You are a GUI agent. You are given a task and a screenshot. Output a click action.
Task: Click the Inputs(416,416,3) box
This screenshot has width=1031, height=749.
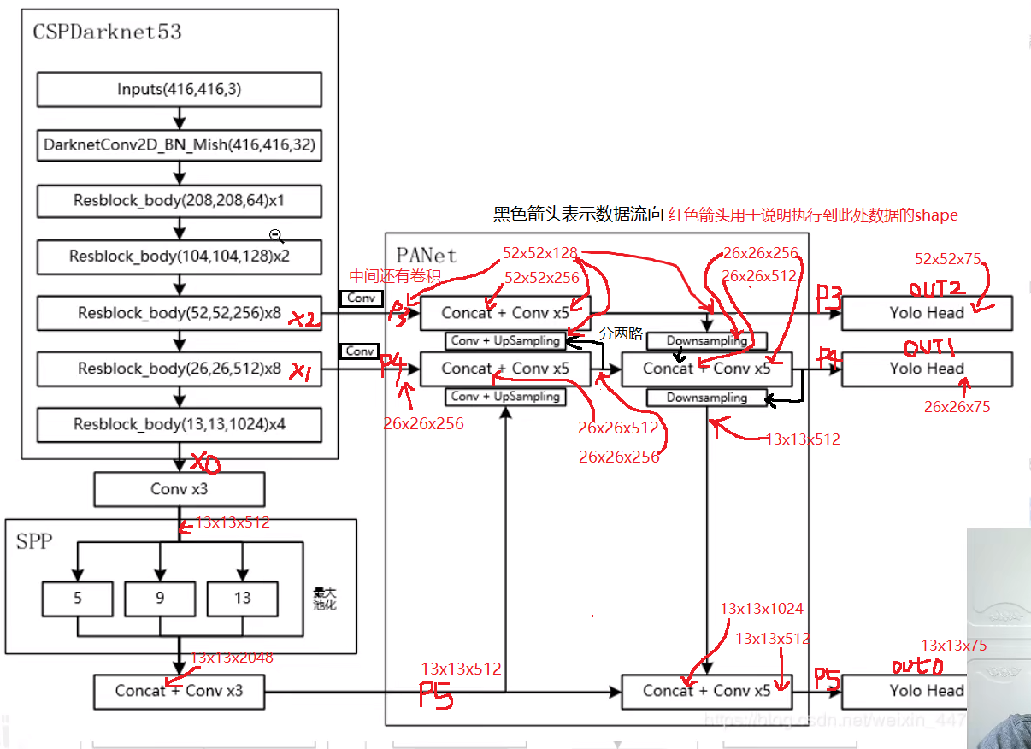click(180, 90)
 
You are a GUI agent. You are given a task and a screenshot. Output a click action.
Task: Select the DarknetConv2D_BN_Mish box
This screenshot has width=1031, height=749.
click(180, 145)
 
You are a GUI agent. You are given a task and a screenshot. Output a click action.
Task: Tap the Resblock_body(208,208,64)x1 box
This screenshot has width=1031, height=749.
click(180, 202)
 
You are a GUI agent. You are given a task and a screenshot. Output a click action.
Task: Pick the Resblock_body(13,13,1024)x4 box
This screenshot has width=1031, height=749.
click(180, 425)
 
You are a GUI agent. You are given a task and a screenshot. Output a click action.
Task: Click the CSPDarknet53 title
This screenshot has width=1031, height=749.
click(107, 32)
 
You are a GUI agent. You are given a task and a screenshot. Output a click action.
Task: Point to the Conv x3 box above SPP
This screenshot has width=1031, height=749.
click(180, 490)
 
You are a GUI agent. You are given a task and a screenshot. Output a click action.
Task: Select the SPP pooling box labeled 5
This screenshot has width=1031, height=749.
click(78, 599)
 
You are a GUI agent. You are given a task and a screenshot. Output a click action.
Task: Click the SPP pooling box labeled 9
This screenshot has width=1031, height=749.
click(160, 599)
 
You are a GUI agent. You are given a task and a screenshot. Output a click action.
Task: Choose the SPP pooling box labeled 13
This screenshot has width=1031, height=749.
click(242, 599)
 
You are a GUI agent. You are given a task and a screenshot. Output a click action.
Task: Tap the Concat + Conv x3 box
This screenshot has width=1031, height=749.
click(180, 691)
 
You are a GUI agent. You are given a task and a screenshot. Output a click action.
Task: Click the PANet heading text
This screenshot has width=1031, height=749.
click(427, 255)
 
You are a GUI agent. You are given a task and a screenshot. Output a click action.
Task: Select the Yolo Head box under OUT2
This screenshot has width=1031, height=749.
click(927, 313)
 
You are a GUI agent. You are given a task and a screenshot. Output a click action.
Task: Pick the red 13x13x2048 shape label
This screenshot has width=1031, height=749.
click(232, 658)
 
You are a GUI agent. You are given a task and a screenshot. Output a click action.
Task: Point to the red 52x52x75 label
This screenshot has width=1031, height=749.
click(948, 259)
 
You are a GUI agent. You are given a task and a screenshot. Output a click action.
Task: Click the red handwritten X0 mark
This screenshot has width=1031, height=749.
click(205, 463)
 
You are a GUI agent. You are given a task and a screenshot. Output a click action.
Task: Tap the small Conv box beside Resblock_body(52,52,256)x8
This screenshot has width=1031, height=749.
click(360, 298)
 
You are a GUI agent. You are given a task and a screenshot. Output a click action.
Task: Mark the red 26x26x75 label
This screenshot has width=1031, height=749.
click(957, 407)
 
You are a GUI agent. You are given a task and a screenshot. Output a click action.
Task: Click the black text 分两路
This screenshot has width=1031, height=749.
click(621, 333)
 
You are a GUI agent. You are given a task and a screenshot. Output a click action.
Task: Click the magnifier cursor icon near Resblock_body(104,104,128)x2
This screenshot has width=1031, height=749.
click(276, 236)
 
